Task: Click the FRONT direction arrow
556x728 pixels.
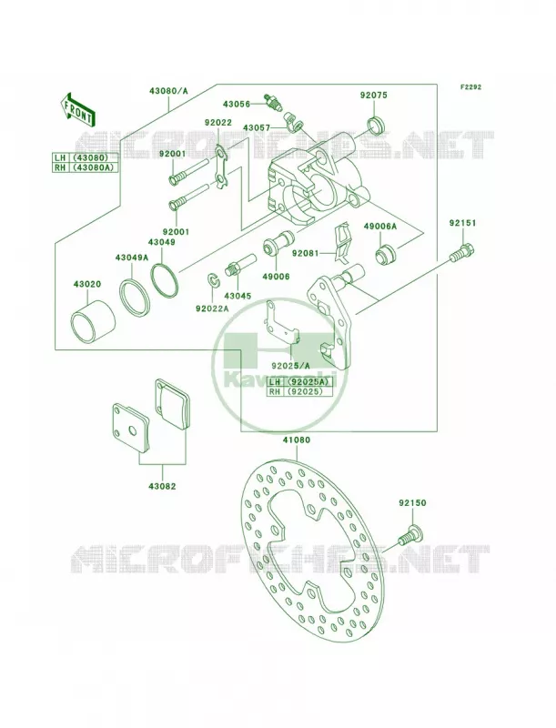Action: pyautogui.click(x=78, y=109)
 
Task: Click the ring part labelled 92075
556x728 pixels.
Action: pyautogui.click(x=377, y=126)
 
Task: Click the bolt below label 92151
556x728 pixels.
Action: pyautogui.click(x=462, y=252)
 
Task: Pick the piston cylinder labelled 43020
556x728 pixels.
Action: pyautogui.click(x=94, y=323)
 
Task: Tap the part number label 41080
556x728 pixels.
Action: pyautogui.click(x=296, y=440)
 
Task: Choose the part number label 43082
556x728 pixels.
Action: pyautogui.click(x=163, y=486)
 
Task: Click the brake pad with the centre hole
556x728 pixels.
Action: pyautogui.click(x=131, y=427)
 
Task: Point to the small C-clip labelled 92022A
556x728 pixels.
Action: pyautogui.click(x=212, y=281)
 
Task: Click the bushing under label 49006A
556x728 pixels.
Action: pyautogui.click(x=385, y=255)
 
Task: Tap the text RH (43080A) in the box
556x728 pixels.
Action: pyautogui.click(x=85, y=167)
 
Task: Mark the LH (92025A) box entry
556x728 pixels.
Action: pyautogui.click(x=300, y=382)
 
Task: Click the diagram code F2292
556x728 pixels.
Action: pyautogui.click(x=470, y=86)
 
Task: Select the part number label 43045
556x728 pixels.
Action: pyautogui.click(x=238, y=296)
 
